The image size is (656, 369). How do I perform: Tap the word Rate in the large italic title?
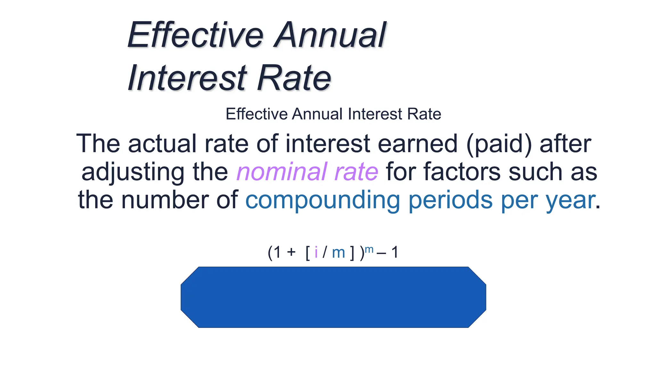[x=294, y=78]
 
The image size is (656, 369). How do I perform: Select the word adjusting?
[x=133, y=172]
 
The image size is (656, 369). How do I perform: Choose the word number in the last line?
[x=165, y=200]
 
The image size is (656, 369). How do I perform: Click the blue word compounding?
[x=323, y=200]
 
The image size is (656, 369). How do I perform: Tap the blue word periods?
[x=450, y=200]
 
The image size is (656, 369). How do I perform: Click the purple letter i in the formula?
[x=316, y=252]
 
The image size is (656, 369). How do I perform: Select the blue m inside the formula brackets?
[x=338, y=253]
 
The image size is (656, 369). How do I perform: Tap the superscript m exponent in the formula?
[x=369, y=250]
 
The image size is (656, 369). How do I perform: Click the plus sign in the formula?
[x=291, y=252]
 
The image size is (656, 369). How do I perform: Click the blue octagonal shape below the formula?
[x=333, y=297]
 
